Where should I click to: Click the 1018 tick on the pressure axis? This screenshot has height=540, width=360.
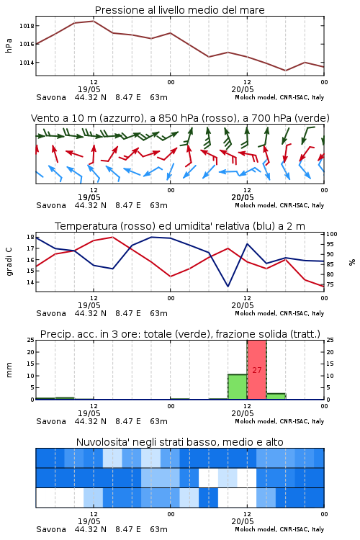tap(27, 26)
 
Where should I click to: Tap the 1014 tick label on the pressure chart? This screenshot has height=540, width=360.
tap(27, 63)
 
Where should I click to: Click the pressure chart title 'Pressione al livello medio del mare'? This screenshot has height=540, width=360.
tap(180, 10)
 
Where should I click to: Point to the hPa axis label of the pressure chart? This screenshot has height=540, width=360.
tap(9, 45)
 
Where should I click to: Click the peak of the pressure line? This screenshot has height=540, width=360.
tap(94, 21)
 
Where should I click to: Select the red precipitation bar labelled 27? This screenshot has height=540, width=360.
tap(257, 370)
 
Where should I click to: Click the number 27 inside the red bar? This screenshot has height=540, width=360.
tap(257, 370)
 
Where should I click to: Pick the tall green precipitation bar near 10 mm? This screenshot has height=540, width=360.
tap(238, 387)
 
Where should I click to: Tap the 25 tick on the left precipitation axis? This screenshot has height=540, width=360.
tap(31, 340)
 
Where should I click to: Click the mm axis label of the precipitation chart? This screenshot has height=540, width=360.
tap(9, 370)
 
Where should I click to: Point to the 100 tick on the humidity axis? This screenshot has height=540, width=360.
tap(332, 234)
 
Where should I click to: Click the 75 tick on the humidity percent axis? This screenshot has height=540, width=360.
tap(330, 284)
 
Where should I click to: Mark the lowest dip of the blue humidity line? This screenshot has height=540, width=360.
tap(228, 286)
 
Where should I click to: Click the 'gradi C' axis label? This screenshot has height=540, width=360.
tap(9, 262)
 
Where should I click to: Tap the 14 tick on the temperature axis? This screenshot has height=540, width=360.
tap(31, 282)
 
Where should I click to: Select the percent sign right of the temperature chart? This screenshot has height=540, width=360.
tap(352, 262)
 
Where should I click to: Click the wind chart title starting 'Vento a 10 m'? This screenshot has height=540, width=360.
tap(180, 118)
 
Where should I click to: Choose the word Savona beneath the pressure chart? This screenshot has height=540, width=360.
tap(51, 97)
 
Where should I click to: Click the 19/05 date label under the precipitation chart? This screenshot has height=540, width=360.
tap(89, 413)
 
